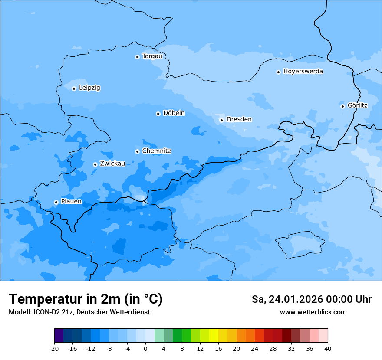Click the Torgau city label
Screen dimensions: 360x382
[x=152, y=56]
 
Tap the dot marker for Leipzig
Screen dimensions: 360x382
[x=74, y=88]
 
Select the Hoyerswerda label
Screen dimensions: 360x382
[x=303, y=71]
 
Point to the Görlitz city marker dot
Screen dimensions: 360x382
[x=342, y=106]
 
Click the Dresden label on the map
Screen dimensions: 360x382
[x=239, y=119]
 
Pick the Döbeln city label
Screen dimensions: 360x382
[x=174, y=113]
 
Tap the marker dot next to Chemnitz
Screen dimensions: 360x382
[x=137, y=151]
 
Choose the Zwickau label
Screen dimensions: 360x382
[x=112, y=164]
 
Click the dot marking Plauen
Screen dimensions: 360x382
[x=56, y=202]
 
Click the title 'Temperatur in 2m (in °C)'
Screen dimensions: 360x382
[x=86, y=299]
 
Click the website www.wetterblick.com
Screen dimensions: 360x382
[x=313, y=312]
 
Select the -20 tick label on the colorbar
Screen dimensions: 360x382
[x=54, y=348]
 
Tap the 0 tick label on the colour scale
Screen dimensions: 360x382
[x=145, y=348]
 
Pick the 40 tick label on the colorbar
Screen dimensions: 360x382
[x=327, y=348]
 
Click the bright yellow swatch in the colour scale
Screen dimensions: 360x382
[x=214, y=336]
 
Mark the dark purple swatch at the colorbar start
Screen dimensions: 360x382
[x=59, y=336]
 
